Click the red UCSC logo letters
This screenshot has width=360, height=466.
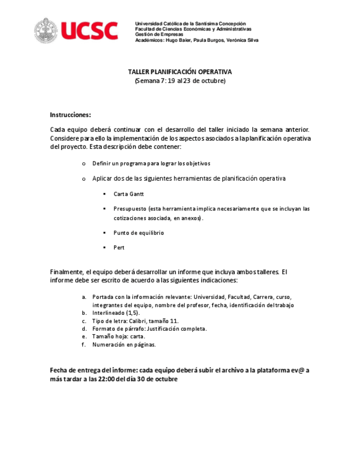(x=89, y=31)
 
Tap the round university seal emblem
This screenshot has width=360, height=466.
(x=46, y=31)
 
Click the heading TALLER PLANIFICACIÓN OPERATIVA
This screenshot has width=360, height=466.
(x=180, y=72)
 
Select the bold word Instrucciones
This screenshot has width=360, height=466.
(x=70, y=115)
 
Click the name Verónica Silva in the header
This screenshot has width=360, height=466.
(x=242, y=40)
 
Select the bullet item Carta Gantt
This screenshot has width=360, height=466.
(x=129, y=194)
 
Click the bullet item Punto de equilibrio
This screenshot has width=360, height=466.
(x=139, y=232)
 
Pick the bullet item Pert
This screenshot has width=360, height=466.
(x=119, y=247)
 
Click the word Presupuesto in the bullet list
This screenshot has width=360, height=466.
(x=130, y=209)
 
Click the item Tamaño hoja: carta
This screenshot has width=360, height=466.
(x=119, y=336)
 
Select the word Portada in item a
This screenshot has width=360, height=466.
(x=103, y=297)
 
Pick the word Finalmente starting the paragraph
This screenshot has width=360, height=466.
(x=67, y=271)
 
